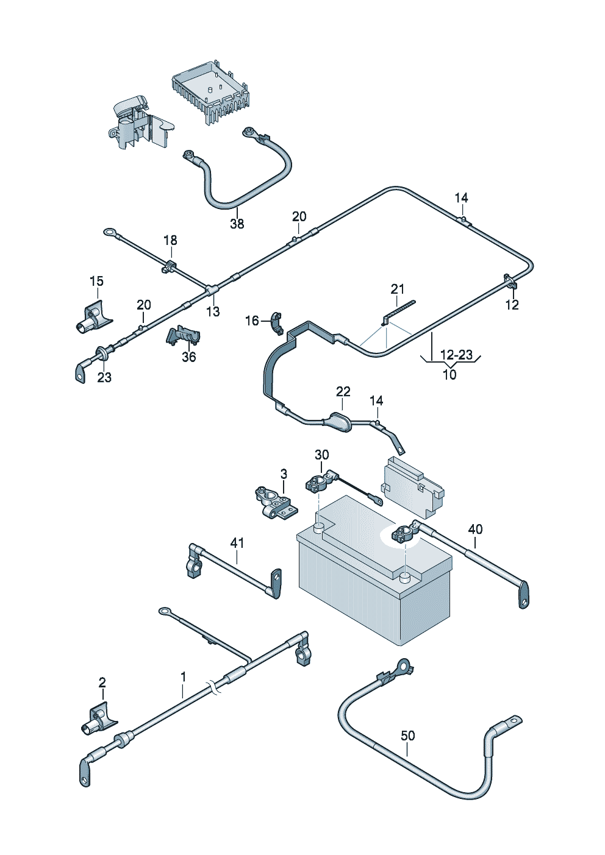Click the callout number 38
(x=237, y=224)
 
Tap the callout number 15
(x=96, y=281)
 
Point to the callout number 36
(x=189, y=357)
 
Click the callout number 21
(x=398, y=289)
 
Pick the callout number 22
(x=343, y=391)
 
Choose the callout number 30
(x=321, y=455)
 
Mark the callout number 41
(x=237, y=542)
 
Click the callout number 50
(x=408, y=736)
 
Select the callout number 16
(x=252, y=321)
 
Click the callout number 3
(x=284, y=474)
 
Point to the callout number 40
(x=475, y=529)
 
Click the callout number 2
(x=102, y=682)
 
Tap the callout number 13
(x=212, y=312)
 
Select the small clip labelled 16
(x=275, y=323)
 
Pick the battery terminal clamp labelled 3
(x=275, y=502)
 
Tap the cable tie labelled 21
(x=399, y=309)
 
